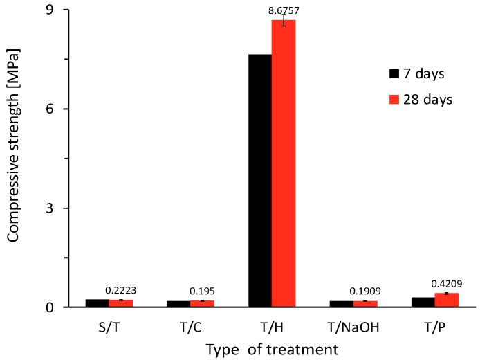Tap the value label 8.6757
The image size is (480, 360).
point(284,11)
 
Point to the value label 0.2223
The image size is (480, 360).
point(120,291)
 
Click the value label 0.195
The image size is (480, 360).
point(202,291)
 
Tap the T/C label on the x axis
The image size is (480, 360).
point(190,325)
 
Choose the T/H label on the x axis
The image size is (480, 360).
point(272,325)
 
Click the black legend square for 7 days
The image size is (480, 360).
point(395,73)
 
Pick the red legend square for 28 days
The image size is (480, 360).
point(395,99)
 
